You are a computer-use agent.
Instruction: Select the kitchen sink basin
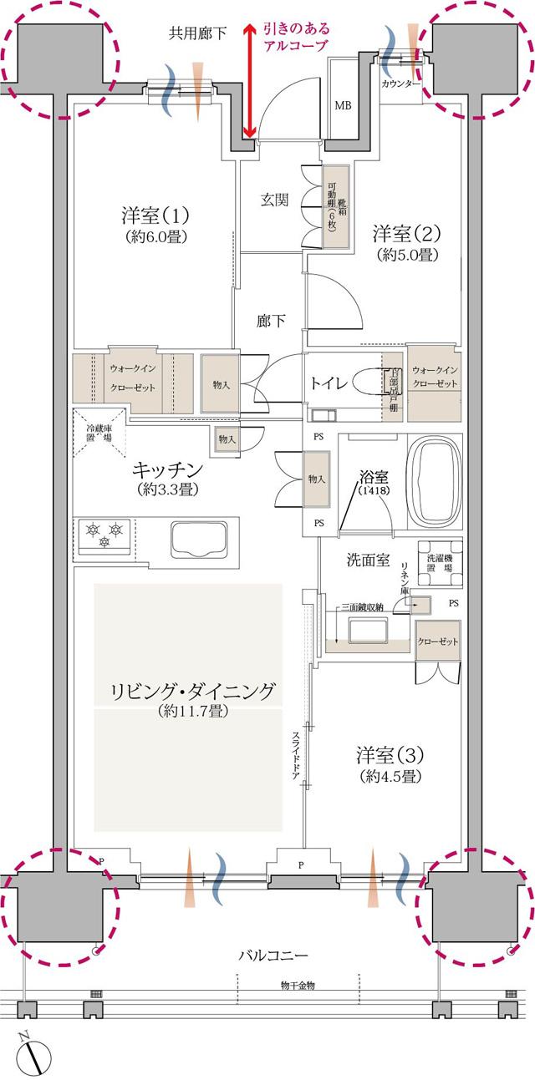[x=197, y=539]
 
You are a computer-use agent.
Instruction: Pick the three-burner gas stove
[x=103, y=535]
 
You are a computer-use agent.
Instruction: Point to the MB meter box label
[x=343, y=106]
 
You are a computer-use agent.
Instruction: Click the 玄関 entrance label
[x=274, y=200]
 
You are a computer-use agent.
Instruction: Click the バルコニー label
[x=273, y=954]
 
